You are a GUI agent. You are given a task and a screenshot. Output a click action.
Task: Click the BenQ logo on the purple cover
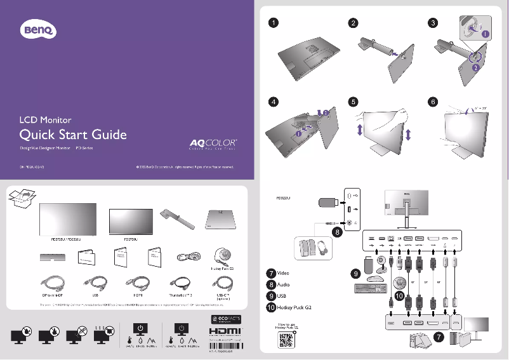(39, 29)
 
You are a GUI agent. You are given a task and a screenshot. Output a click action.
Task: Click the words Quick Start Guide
(73, 135)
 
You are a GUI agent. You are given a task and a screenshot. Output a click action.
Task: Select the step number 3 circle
(433, 23)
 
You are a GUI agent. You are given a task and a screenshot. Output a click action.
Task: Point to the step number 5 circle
(353, 102)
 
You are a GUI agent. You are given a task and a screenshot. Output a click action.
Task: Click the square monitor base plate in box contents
(223, 220)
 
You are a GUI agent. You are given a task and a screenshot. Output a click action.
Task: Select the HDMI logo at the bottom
(225, 333)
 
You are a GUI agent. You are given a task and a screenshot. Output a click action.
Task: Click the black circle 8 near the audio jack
(337, 232)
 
